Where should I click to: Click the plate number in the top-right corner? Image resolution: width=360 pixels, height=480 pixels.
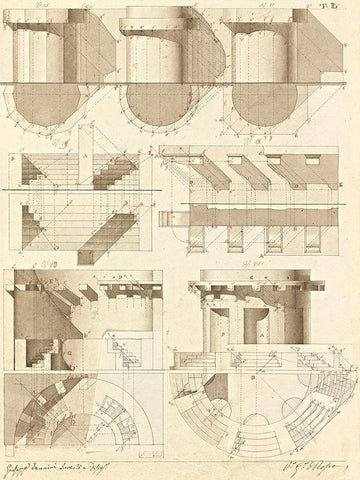coord(341,8)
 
